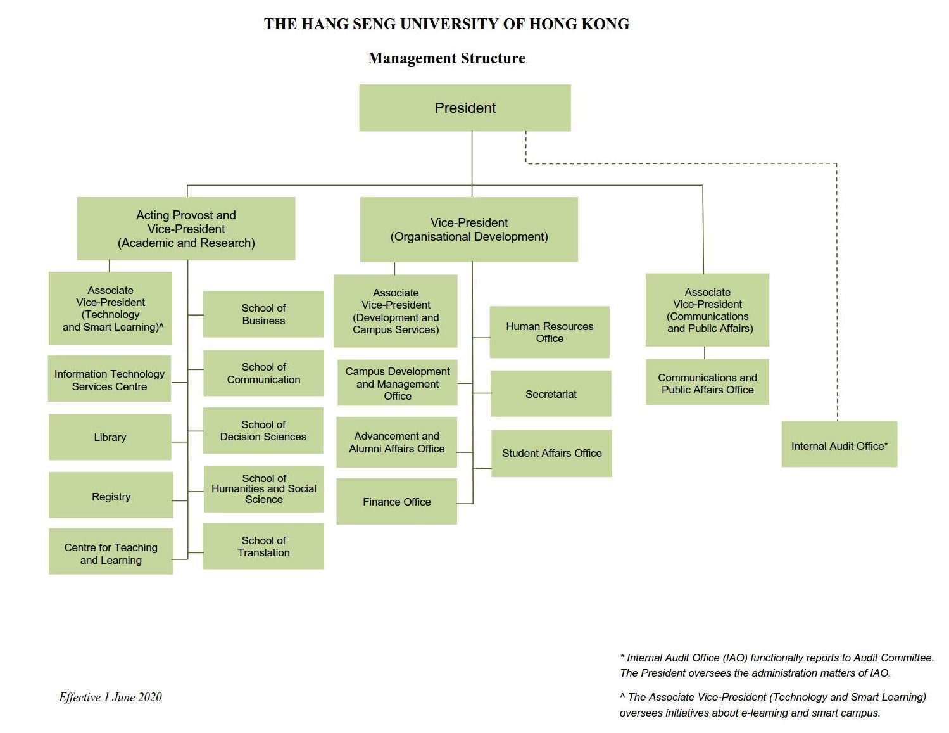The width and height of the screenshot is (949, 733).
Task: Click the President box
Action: tap(465, 108)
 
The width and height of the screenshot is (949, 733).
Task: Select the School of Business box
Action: tap(263, 314)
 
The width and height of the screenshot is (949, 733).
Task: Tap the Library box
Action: tap(110, 437)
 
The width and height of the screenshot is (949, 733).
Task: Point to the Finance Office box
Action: tap(396, 501)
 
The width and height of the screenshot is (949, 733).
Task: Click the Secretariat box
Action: tap(551, 393)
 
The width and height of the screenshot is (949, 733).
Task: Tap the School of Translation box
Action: tap(263, 546)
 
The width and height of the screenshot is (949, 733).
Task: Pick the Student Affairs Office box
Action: tap(551, 453)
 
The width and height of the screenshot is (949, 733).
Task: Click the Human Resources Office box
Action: tap(550, 332)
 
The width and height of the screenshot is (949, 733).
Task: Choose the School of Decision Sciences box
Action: tap(263, 430)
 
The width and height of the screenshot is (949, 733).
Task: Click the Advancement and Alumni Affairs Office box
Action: tap(396, 442)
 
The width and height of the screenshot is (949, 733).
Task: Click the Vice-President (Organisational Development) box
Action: tap(468, 229)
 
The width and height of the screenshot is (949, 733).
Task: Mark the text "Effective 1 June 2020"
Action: tap(110, 697)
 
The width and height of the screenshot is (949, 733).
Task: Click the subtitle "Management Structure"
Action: tap(446, 58)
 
